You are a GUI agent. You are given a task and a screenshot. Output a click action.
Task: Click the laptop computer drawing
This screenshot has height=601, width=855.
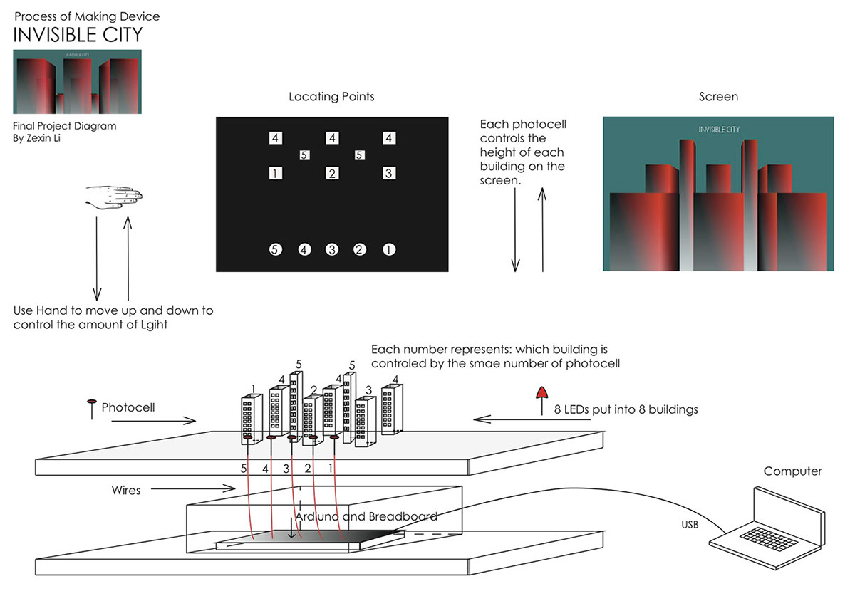765,523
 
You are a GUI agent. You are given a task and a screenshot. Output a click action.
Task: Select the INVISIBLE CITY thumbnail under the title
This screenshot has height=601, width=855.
77,81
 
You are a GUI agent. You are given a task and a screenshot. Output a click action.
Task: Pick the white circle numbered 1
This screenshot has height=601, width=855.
389,249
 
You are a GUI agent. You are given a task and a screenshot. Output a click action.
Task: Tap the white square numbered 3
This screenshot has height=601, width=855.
388,173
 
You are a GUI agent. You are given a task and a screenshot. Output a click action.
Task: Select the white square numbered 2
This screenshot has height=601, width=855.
332,173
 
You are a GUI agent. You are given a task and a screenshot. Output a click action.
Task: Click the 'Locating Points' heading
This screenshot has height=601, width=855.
331,96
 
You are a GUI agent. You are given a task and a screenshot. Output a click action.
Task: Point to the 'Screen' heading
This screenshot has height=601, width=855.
718,96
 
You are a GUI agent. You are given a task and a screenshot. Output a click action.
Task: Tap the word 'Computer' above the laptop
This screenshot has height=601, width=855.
792,471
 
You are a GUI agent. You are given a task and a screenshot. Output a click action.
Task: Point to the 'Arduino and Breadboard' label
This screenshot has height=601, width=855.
366,516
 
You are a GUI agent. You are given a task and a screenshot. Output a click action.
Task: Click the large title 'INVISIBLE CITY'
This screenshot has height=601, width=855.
78,34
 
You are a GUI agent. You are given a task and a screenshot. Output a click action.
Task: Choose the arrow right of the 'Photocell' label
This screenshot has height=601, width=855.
153,421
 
